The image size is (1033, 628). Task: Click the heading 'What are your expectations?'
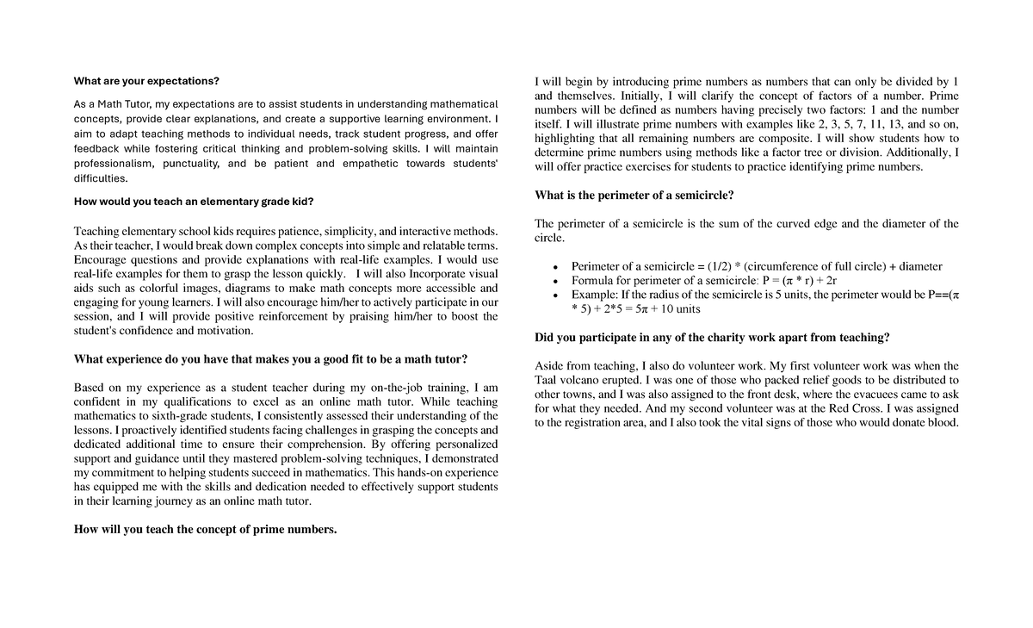146,81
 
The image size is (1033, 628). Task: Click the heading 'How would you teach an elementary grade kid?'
194,202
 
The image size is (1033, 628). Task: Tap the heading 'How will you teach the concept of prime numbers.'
205,529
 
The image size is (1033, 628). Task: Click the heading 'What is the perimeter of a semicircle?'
634,195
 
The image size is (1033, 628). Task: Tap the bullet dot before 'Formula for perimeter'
558,281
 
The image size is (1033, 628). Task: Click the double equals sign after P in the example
933,295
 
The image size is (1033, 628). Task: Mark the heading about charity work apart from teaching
712,337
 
